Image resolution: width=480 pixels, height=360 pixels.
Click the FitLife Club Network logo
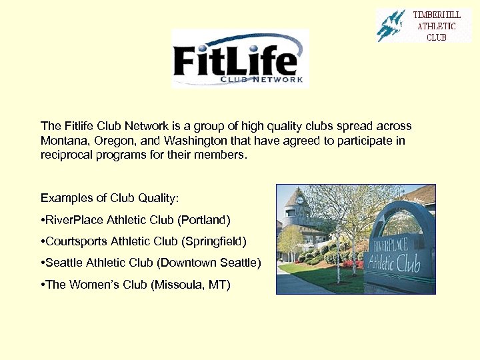[240, 59]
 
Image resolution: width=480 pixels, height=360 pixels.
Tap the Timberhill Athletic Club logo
[423, 25]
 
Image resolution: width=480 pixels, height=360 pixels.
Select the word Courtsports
[73, 241]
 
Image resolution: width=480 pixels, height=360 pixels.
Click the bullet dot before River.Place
[43, 219]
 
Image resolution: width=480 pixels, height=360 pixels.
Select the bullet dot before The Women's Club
[43, 285]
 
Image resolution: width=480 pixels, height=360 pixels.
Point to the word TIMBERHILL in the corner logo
[437, 15]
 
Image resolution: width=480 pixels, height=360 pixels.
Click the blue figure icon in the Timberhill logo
[391, 26]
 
